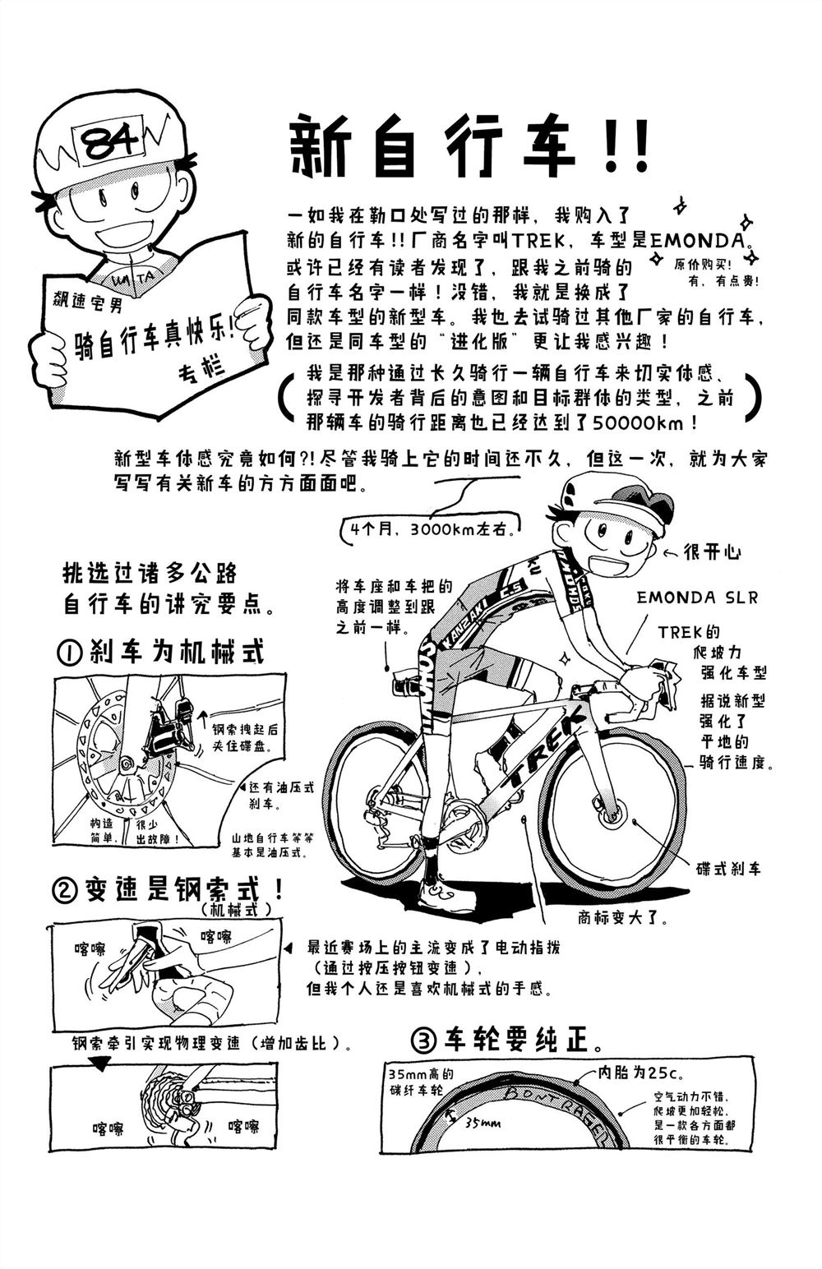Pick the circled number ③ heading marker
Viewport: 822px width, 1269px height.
point(423,1041)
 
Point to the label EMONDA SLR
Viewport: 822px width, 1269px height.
point(697,598)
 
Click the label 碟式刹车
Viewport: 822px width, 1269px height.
point(728,868)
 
